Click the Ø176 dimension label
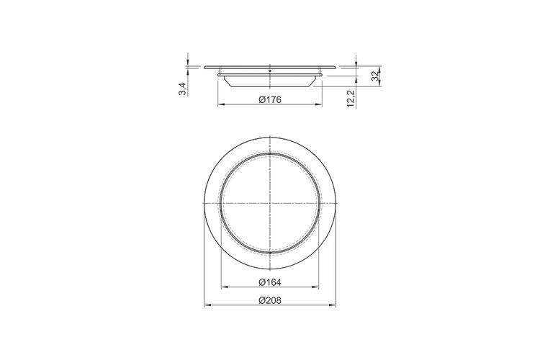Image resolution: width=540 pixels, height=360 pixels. [x=270, y=100]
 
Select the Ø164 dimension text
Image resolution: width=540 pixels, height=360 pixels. [x=270, y=282]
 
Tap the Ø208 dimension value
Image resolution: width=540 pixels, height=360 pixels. [x=270, y=301]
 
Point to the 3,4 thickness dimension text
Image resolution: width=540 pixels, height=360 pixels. [x=183, y=89]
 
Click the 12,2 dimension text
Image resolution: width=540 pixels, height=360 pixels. [x=351, y=99]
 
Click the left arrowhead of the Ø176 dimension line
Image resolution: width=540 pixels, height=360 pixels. [x=221, y=104]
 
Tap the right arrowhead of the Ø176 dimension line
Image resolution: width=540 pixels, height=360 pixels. [x=319, y=104]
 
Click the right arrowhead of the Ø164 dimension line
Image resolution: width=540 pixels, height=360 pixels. [x=315, y=287]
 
